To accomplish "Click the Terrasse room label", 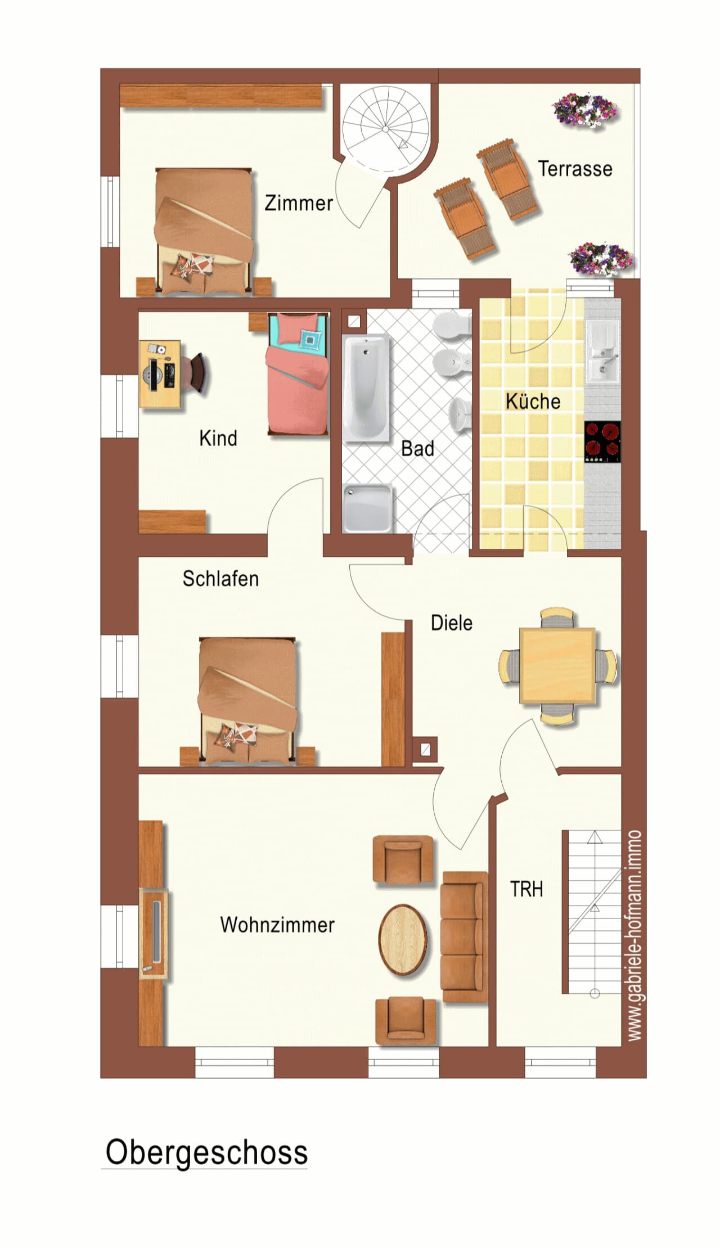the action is pos(575,169).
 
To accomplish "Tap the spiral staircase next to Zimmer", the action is pos(386,128).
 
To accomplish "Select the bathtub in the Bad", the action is pos(366,388).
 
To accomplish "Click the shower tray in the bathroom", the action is pos(367,508).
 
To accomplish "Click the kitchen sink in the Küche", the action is pos(602,350).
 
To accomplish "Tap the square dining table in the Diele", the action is pos(557,665).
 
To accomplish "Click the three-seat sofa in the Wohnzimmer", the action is pos(465,936).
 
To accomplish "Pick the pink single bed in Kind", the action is pos(298,374).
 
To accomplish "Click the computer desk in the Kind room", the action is pos(160,373).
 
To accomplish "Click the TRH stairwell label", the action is pos(526,889).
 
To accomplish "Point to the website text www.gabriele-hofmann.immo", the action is pos(634,935).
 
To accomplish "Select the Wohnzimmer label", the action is pos(277,925).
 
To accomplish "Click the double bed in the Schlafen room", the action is pos(248,701).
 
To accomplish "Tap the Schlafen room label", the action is pos(220,579).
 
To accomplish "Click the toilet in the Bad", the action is pos(452,326).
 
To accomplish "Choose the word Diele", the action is pos(452,623).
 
